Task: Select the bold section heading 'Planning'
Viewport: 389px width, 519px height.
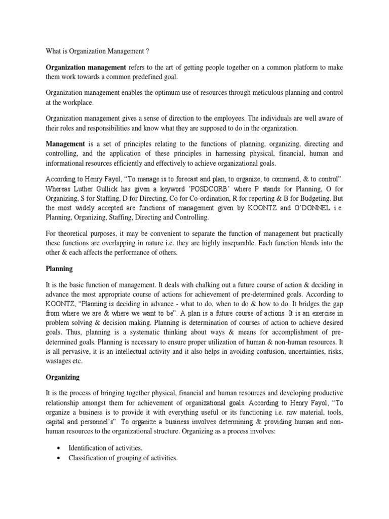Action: [x=59, y=269]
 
